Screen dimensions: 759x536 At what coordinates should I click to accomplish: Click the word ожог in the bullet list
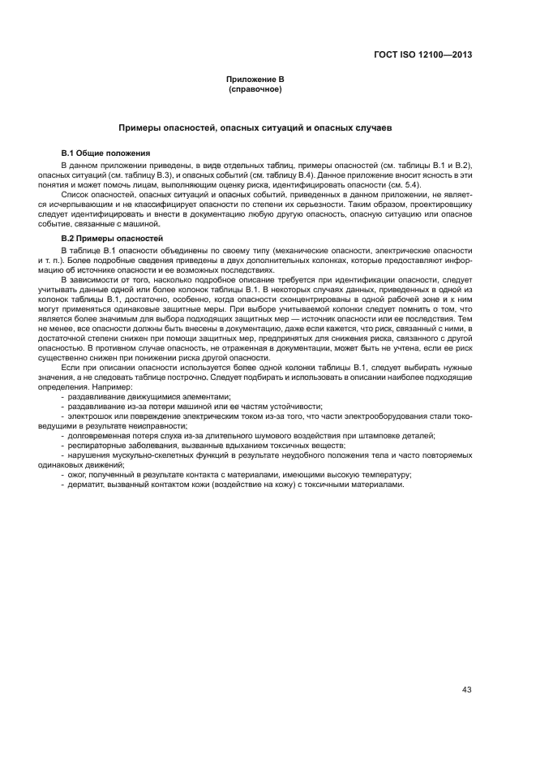(77, 475)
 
